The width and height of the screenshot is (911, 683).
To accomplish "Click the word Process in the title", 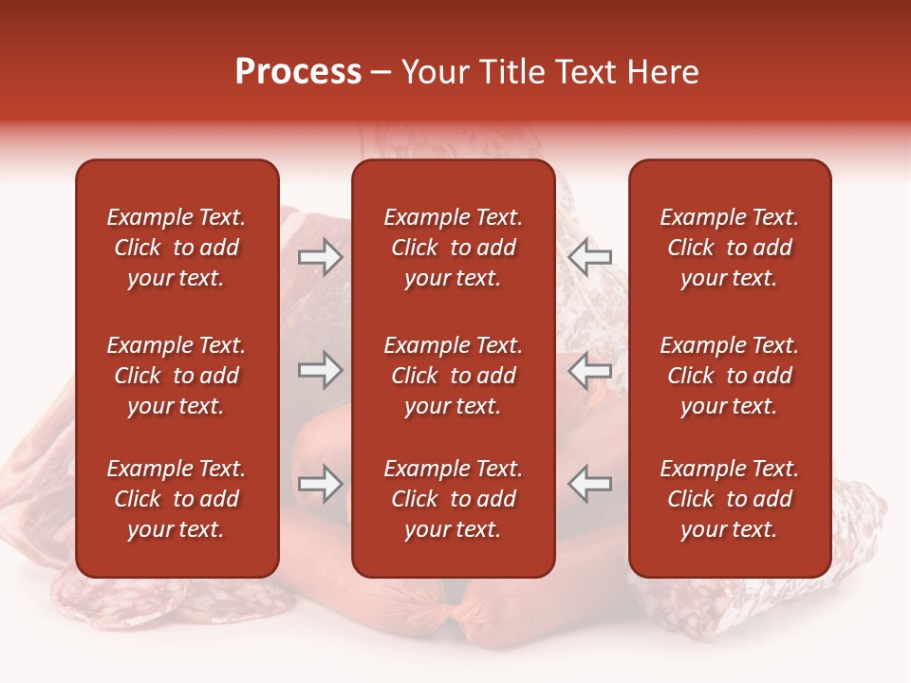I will click(x=298, y=72).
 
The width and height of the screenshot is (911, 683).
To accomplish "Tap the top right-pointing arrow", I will click(x=320, y=257).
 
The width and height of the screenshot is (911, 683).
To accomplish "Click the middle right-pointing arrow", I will click(x=320, y=370).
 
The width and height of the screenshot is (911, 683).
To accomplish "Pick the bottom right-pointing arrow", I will click(x=320, y=484).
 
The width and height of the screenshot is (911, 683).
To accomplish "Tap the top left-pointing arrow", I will click(x=590, y=257).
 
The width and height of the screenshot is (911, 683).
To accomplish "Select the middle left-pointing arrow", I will click(x=590, y=370).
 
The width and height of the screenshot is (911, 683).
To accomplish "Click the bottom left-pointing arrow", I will click(x=590, y=484).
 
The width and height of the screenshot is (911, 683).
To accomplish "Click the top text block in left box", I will click(x=177, y=248).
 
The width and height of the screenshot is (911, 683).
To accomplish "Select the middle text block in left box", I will click(x=177, y=376).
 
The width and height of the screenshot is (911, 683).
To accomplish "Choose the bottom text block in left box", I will click(x=177, y=499).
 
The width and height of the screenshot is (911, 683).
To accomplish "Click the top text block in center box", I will click(x=453, y=248).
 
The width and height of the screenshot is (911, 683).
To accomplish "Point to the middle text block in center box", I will click(x=453, y=376).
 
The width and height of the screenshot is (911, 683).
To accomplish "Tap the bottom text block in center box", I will click(x=453, y=499).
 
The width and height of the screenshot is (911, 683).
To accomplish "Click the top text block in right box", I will click(x=729, y=248).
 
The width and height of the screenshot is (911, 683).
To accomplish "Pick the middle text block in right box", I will click(x=729, y=376).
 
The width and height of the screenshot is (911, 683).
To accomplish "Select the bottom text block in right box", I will click(x=729, y=499).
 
